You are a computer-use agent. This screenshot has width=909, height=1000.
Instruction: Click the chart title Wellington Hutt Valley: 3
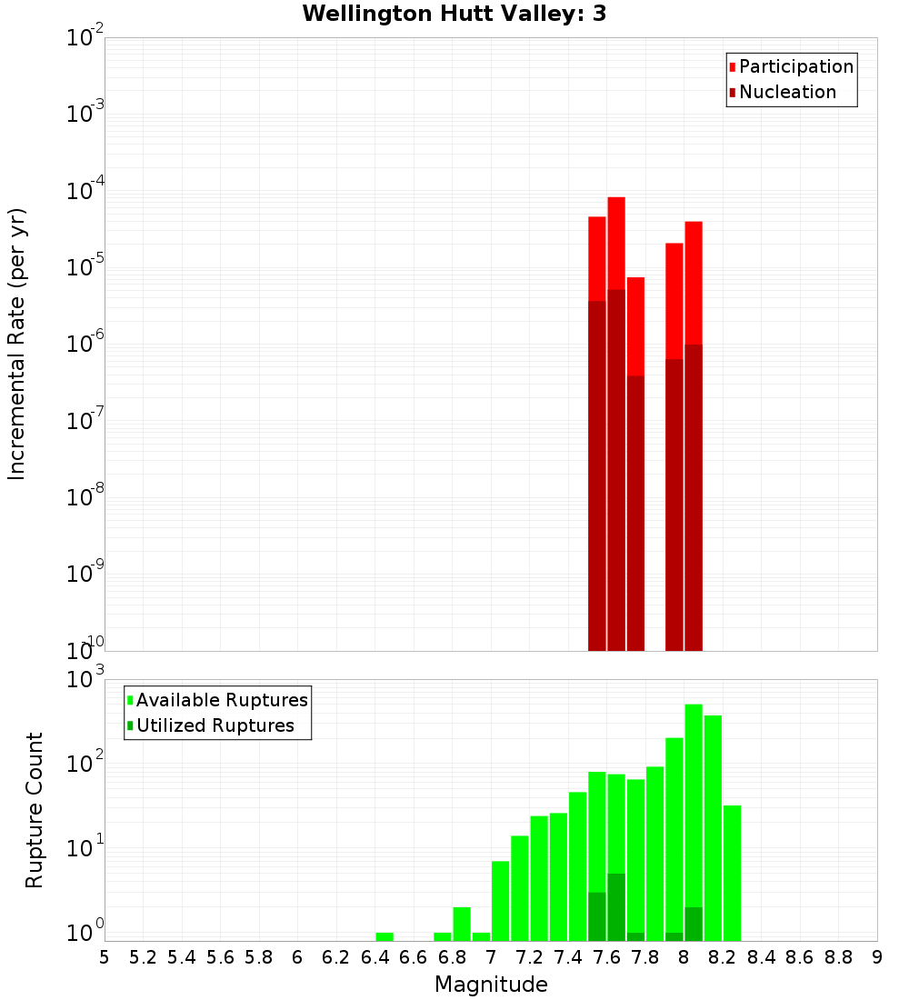click(x=454, y=14)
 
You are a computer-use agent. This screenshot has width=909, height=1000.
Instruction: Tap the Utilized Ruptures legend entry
click(x=215, y=725)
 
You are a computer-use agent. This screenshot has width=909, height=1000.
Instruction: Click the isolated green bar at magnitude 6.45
click(x=385, y=936)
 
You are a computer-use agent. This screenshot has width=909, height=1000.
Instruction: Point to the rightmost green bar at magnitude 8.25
click(x=733, y=873)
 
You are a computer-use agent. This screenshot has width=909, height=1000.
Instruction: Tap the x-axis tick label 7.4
click(x=568, y=957)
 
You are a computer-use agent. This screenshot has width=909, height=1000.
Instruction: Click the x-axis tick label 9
click(x=876, y=957)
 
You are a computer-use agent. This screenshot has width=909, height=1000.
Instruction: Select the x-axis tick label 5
click(x=105, y=957)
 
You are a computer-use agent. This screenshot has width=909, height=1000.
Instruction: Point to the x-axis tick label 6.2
click(x=336, y=957)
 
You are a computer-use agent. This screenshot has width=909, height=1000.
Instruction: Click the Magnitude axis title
click(x=491, y=985)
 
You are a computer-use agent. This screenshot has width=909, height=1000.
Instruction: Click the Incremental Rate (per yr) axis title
click(x=17, y=344)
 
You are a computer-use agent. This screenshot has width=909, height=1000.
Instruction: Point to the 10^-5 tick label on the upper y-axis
click(x=85, y=267)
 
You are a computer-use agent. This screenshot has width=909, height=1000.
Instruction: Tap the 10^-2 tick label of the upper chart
click(x=85, y=37)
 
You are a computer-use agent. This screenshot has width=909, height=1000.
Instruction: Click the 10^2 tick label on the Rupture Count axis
click(x=87, y=764)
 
